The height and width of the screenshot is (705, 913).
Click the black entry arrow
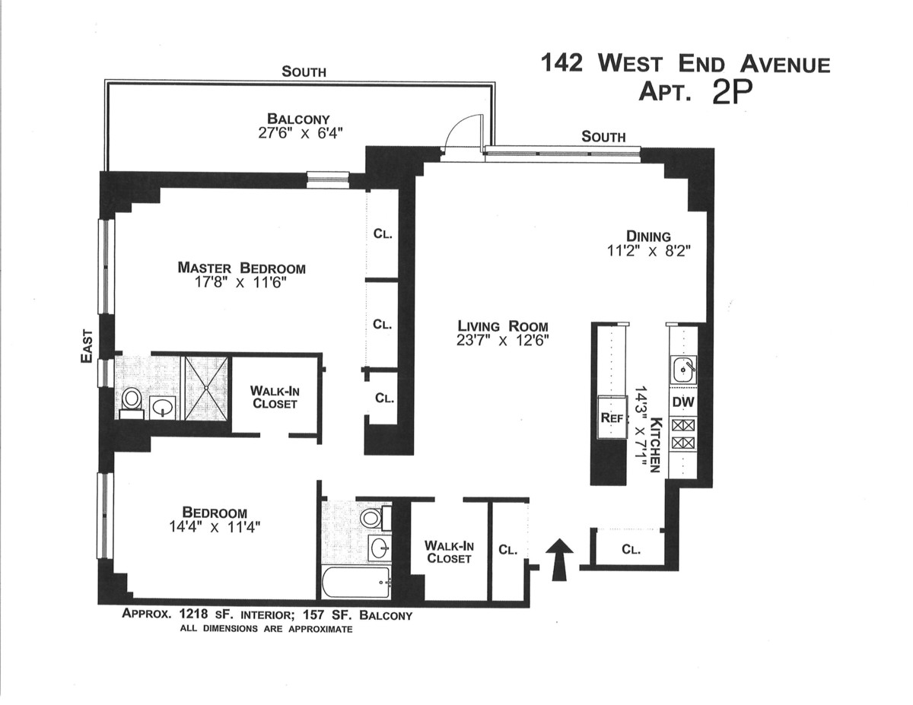[x=561, y=560]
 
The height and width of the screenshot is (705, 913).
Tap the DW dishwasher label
[x=683, y=402]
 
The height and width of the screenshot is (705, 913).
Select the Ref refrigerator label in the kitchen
[x=611, y=418]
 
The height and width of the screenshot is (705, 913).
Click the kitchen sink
[x=682, y=369]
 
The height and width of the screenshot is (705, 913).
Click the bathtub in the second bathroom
[x=355, y=583]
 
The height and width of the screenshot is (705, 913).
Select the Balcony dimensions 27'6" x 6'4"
[x=301, y=132]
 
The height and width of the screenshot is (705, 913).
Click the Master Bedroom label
[x=242, y=268]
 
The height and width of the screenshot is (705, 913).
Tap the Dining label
[x=648, y=237]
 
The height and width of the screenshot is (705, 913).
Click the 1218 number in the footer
[x=194, y=614]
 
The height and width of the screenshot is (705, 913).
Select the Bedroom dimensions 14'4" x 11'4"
[x=215, y=527]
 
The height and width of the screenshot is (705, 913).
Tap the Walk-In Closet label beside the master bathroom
[x=275, y=397]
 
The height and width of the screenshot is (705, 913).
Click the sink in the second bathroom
[x=380, y=548]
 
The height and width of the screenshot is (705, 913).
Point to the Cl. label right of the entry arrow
[x=631, y=550]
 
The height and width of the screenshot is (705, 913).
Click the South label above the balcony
[x=304, y=71]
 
